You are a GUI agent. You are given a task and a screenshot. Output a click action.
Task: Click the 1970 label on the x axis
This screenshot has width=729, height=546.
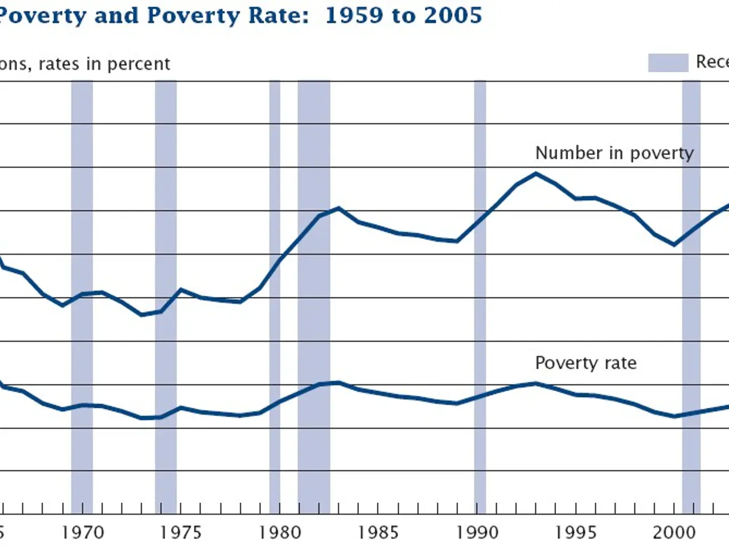[x=83, y=532]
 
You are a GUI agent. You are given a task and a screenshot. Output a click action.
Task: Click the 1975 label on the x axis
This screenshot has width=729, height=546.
[x=181, y=532]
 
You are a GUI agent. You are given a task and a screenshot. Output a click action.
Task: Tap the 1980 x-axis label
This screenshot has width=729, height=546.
[x=280, y=532]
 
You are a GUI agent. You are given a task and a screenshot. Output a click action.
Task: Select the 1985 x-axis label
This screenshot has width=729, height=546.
[x=378, y=532]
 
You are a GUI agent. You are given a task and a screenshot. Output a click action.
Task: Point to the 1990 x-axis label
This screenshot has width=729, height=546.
[x=477, y=532]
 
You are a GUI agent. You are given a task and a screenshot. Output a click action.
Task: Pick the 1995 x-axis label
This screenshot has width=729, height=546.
[x=576, y=532]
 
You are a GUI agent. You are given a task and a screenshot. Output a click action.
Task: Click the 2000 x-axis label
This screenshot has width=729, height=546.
[x=674, y=532]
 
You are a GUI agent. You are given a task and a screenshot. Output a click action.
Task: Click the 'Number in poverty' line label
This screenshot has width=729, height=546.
[x=615, y=153]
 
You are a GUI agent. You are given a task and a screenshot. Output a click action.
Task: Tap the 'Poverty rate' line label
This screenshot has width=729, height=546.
[x=585, y=363]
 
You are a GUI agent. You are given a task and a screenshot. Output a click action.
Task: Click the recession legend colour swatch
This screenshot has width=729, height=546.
[x=667, y=63]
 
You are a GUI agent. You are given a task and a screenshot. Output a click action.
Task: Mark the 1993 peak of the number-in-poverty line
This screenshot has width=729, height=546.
[x=536, y=173]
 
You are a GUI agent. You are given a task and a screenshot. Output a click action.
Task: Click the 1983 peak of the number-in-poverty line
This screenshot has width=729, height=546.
[x=339, y=208]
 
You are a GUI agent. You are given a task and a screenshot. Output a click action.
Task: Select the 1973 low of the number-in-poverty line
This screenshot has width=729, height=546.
[x=142, y=315]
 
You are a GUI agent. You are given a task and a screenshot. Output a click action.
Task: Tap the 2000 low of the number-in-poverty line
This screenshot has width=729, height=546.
[x=674, y=245]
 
